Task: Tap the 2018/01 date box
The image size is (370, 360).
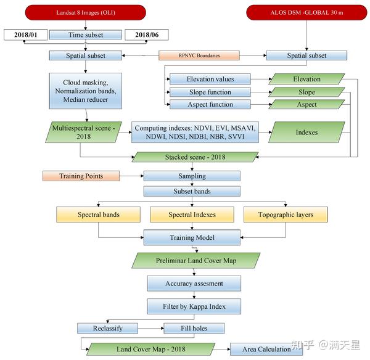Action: pyautogui.click(x=25, y=35)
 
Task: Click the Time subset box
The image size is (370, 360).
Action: pyautogui.click(x=86, y=35)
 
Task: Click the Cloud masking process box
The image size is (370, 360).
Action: pyautogui.click(x=86, y=91)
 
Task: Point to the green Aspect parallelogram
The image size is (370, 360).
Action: pyautogui.click(x=306, y=104)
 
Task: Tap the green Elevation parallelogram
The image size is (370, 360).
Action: pyautogui.click(x=306, y=79)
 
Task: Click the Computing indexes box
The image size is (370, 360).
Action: pyautogui.click(x=194, y=132)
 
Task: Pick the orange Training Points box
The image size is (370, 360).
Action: pyautogui.click(x=81, y=176)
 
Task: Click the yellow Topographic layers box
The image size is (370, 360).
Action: pyautogui.click(x=285, y=215)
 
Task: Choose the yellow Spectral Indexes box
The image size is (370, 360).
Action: pyautogui.click(x=192, y=215)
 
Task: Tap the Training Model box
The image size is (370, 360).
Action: pyautogui.click(x=192, y=237)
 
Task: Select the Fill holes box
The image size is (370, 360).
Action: pyautogui.click(x=194, y=328)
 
